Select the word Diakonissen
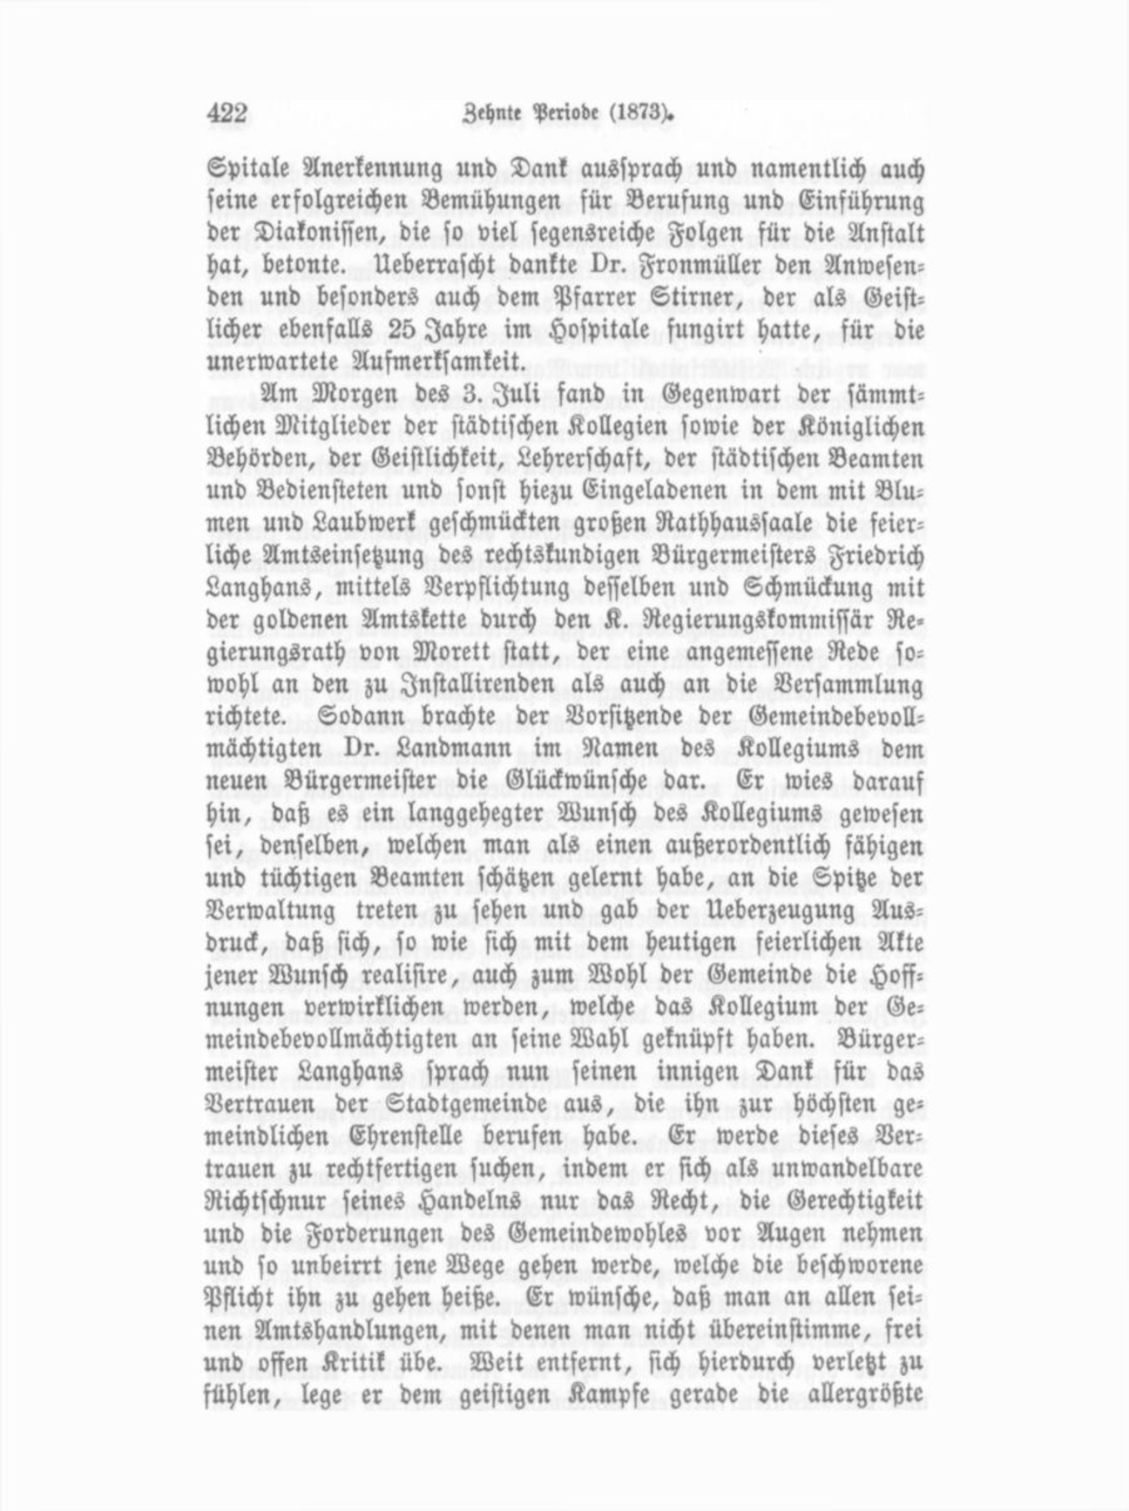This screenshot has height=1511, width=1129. coord(306,234)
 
